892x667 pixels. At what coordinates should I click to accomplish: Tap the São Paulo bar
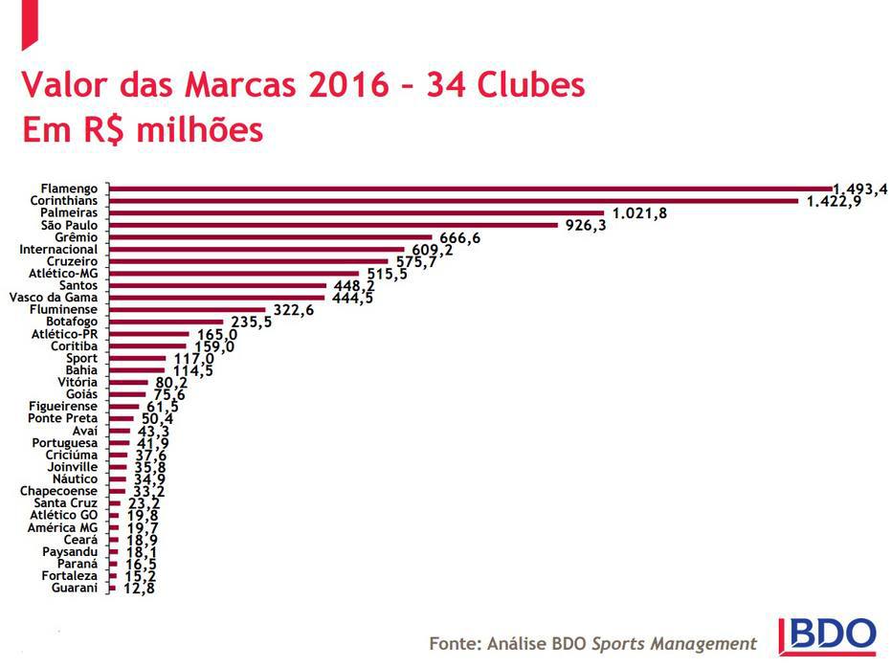coord(333,226)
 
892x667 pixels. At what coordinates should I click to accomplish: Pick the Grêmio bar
coord(272,237)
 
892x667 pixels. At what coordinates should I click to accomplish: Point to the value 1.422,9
coord(835,201)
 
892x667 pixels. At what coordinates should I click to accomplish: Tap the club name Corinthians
coord(64,201)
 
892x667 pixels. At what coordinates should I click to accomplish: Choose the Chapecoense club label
coord(59,491)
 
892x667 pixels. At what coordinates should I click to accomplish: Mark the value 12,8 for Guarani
coord(137,588)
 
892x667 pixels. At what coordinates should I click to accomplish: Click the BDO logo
coord(828,635)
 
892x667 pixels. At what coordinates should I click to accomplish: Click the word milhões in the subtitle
coord(199,129)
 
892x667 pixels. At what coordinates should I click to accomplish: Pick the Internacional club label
coord(58,250)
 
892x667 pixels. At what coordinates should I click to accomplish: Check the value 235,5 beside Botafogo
coord(249,322)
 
